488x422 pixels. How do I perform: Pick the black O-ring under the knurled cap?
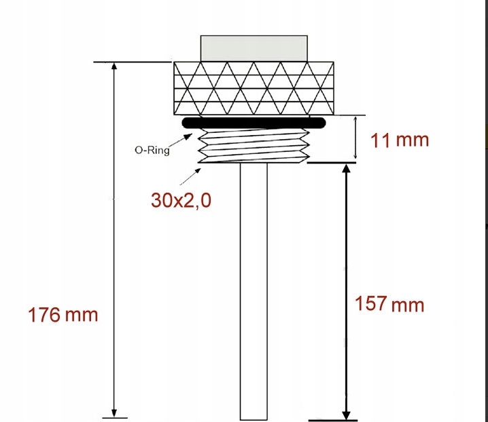[254, 123]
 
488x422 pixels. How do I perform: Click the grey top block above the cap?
[254, 47]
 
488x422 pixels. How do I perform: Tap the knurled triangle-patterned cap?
[254, 89]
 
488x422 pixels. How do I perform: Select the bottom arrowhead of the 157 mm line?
[347, 413]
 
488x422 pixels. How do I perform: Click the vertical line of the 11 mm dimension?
[355, 139]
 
